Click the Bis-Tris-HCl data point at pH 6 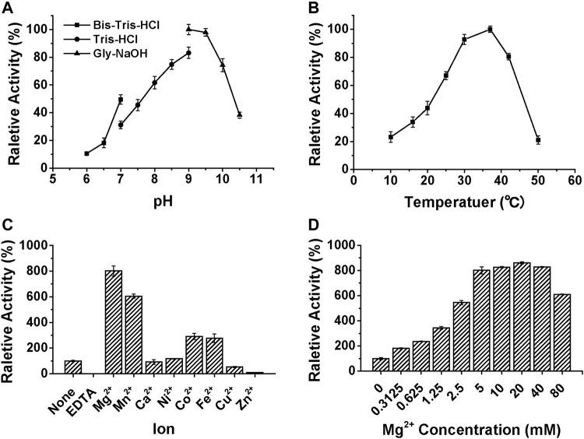pyautogui.click(x=86, y=153)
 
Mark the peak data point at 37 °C pyautogui.click(x=490, y=30)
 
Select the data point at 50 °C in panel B pyautogui.click(x=537, y=140)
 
